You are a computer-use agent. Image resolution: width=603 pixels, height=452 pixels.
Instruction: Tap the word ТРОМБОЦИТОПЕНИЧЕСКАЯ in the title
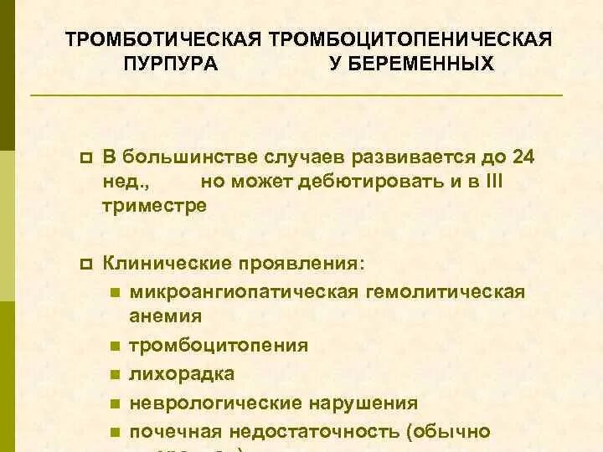click(x=410, y=40)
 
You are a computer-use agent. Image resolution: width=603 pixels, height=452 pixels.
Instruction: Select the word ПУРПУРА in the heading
click(x=170, y=64)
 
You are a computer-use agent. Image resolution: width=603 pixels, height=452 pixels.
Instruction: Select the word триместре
click(x=154, y=206)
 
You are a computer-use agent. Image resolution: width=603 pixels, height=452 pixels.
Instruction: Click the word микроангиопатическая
click(x=243, y=291)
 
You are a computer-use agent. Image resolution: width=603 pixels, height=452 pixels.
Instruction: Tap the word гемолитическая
click(x=444, y=291)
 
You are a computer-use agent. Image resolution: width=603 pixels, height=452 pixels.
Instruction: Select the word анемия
click(x=166, y=316)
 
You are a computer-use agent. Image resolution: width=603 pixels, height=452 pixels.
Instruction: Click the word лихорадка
click(x=182, y=373)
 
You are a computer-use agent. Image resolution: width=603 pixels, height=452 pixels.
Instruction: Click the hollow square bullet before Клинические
click(x=84, y=264)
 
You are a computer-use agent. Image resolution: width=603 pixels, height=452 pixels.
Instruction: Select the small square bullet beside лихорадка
click(x=113, y=375)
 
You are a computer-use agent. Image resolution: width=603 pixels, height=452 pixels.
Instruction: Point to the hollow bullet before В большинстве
click(x=84, y=158)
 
